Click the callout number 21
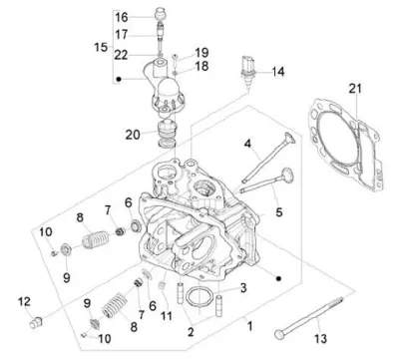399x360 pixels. pyautogui.click(x=355, y=89)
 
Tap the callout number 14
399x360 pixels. pyautogui.click(x=278, y=72)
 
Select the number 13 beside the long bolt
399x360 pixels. pyautogui.click(x=321, y=339)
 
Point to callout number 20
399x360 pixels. pyautogui.click(x=133, y=135)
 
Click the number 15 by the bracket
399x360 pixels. pyautogui.click(x=101, y=47)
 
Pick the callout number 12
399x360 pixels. pyautogui.click(x=24, y=302)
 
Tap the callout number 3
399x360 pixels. pyautogui.click(x=243, y=288)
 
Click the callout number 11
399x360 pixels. pyautogui.click(x=167, y=315)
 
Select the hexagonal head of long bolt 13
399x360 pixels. pyautogui.click(x=279, y=334)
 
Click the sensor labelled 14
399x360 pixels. pyautogui.click(x=247, y=71)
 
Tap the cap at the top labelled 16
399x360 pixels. pyautogui.click(x=161, y=13)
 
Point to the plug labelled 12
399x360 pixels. pyautogui.click(x=35, y=322)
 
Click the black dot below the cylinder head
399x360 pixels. pyautogui.click(x=279, y=278)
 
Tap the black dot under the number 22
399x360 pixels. pyautogui.click(x=119, y=79)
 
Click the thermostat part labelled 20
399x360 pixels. pyautogui.click(x=167, y=133)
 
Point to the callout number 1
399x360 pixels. pyautogui.click(x=249, y=326)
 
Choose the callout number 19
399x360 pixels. pyautogui.click(x=201, y=53)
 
